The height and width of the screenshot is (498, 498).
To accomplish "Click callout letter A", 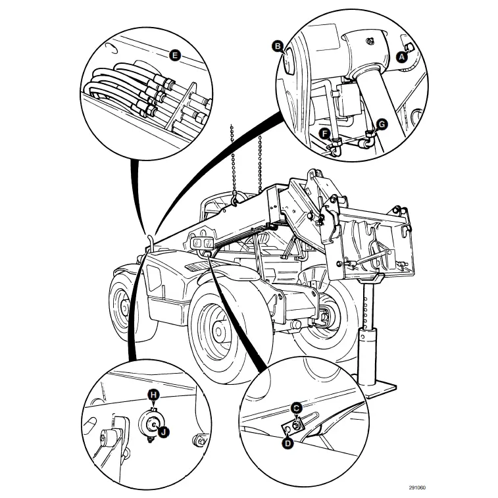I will pyautogui.click(x=401, y=57).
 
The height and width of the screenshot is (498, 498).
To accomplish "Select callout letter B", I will pyautogui.click(x=278, y=46).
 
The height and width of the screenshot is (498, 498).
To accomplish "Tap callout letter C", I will pyautogui.click(x=296, y=408).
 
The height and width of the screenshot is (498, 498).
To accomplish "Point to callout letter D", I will pyautogui.click(x=287, y=443).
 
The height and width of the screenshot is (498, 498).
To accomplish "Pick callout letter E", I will pyautogui.click(x=174, y=55).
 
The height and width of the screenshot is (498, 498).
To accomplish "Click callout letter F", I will pyautogui.click(x=324, y=134).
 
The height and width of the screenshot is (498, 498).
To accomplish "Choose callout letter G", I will pyautogui.click(x=382, y=124).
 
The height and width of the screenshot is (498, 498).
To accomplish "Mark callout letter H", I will pyautogui.click(x=153, y=394).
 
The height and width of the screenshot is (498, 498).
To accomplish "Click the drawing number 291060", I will pyautogui.click(x=417, y=487).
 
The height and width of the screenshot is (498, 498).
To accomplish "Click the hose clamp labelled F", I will pyautogui.click(x=336, y=149).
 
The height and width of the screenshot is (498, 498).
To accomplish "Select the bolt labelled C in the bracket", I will pyautogui.click(x=298, y=426).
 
